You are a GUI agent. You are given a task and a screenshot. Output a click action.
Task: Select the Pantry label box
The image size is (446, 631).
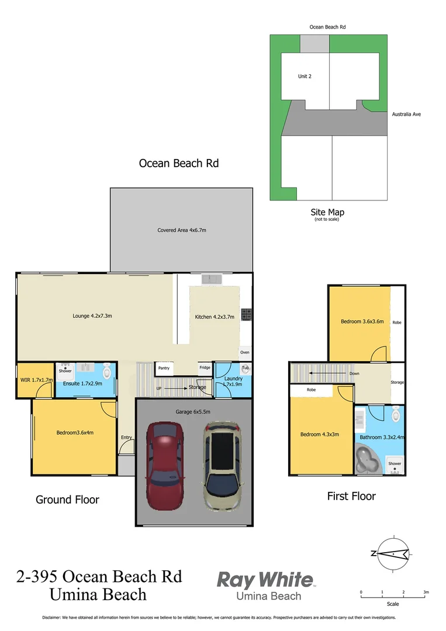[164, 368]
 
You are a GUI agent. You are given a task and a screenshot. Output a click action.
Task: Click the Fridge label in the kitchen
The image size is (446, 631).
[205, 367]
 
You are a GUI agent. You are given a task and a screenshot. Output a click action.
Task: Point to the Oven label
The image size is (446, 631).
[245, 352]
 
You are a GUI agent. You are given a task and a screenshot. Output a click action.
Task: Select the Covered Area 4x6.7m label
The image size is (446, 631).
[182, 230]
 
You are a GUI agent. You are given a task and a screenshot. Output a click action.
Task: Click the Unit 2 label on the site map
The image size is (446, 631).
[305, 76]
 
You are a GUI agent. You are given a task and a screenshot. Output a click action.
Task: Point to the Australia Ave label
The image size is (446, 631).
[406, 114]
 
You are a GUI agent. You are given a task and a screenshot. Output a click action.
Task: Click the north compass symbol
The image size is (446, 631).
[393, 554]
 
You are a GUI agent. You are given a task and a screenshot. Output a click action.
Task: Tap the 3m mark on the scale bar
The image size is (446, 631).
[426, 592]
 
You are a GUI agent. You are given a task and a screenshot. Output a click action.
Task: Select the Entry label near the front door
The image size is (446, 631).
[126, 437]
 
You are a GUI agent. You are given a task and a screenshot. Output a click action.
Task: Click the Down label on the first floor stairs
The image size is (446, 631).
[354, 373]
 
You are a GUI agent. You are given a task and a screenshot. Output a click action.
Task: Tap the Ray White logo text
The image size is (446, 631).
[265, 580]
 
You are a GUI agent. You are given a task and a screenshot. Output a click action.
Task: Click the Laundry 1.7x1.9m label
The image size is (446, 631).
[233, 382]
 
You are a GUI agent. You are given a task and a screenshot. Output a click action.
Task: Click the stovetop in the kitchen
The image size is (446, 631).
[247, 315]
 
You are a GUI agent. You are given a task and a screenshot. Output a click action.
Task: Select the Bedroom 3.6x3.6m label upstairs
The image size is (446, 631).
[362, 321]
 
